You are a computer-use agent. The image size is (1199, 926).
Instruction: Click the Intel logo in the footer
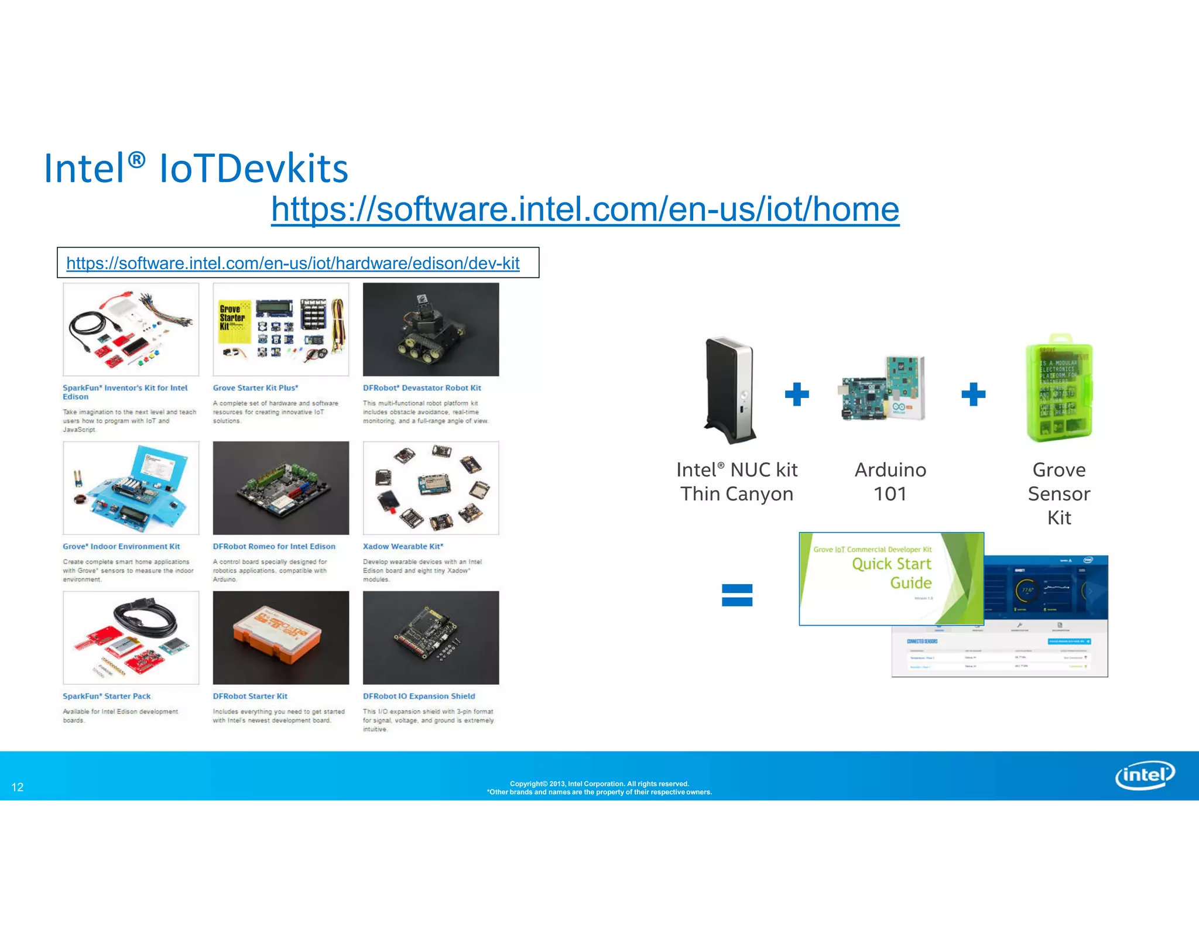1145,776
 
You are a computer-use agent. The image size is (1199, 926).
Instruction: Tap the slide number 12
18,787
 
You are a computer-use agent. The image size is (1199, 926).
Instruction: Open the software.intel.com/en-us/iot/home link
585,210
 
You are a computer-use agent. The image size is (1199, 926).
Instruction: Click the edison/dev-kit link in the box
293,263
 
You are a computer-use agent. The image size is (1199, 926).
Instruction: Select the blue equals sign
737,595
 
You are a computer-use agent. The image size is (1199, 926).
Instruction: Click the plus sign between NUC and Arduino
797,394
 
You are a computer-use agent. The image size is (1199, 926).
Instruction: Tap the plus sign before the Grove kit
973,394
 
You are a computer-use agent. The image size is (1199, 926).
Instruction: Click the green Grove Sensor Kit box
1059,387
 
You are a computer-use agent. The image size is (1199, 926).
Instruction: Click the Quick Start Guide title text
892,573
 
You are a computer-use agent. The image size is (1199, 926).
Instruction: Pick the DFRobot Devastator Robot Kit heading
422,388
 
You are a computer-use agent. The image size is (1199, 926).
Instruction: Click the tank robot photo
431,330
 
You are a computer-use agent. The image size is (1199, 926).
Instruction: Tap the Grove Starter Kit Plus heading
255,388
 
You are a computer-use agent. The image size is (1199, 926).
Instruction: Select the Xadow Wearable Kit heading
403,547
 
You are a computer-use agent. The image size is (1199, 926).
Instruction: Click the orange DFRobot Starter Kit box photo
281,637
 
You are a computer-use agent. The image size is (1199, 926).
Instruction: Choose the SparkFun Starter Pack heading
107,697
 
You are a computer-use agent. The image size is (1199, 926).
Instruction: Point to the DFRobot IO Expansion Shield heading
419,697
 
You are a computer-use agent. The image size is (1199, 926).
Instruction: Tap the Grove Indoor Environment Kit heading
121,547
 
